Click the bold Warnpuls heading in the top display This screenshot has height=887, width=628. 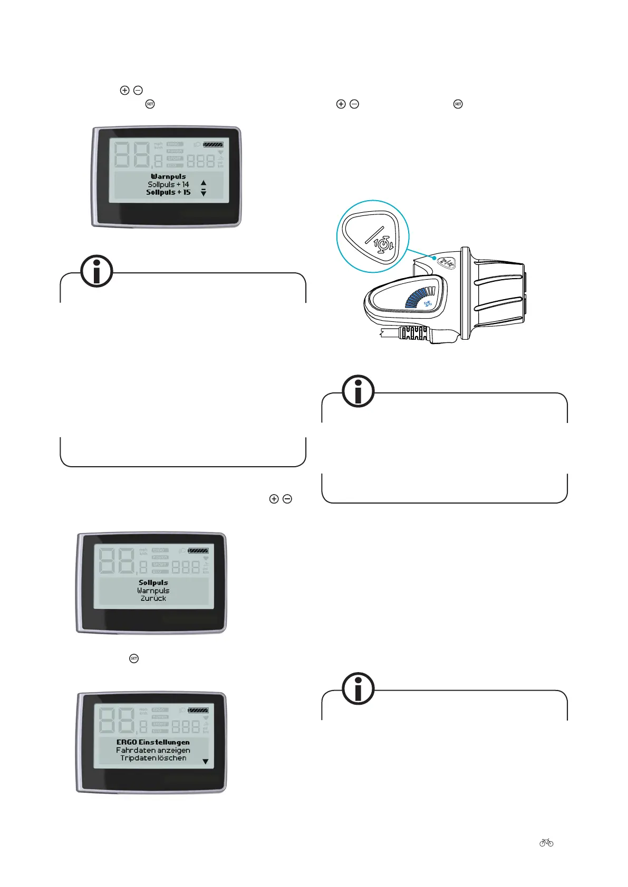point(168,176)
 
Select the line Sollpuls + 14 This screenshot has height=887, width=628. point(168,184)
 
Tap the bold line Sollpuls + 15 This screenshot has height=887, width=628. point(168,192)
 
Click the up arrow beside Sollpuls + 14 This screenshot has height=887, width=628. point(204,183)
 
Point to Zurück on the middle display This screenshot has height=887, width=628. point(153,598)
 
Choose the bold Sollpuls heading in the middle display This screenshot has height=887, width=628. point(153,583)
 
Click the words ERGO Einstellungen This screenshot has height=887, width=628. point(153,742)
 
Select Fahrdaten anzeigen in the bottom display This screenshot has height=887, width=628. point(153,750)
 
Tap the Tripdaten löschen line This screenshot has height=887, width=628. point(153,758)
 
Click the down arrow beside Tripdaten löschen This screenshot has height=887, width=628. point(206,762)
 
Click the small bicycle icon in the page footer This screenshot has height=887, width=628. point(546,843)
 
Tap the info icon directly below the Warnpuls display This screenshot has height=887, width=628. point(96,271)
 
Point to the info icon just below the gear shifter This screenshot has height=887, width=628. point(358,391)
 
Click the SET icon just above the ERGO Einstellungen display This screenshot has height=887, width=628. point(134,658)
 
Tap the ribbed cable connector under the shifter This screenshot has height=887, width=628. point(414,333)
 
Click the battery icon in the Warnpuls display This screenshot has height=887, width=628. point(212,144)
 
